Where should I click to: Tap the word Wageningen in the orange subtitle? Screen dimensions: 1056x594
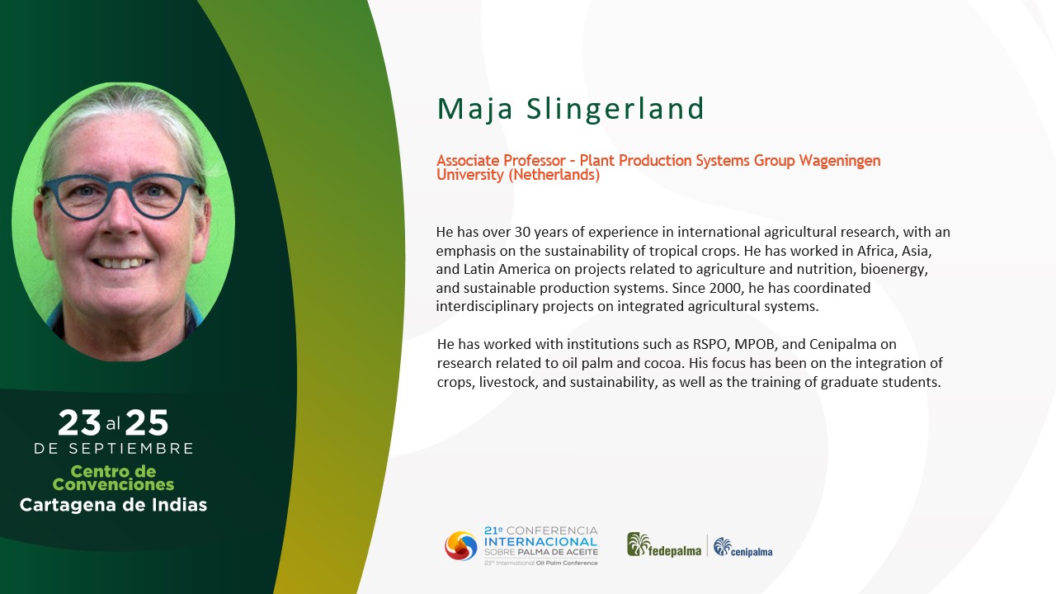840,161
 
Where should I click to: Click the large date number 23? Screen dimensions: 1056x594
79,422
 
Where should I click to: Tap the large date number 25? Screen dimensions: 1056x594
147,422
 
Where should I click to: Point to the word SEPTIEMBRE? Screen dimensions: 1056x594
131,448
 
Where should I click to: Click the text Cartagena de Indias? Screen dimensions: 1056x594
113,505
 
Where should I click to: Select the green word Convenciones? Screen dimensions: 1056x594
113,484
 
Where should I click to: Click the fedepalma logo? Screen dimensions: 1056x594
664,545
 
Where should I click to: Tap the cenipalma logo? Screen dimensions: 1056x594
743,547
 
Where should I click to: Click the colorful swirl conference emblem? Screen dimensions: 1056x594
460,546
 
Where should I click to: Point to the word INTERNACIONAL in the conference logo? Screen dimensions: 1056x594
540,542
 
